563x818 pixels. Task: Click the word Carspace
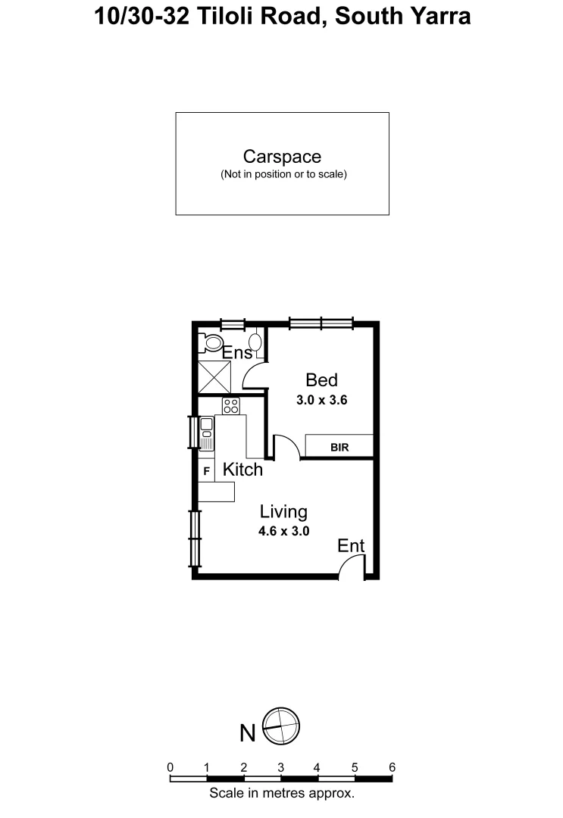pos(282,157)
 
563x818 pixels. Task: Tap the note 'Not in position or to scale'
pos(283,174)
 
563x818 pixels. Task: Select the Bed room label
pos(321,379)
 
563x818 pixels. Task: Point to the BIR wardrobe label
pos(339,448)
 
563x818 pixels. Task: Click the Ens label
pos(236,352)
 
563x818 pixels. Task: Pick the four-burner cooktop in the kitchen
pos(231,406)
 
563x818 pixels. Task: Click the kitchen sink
pos(206,432)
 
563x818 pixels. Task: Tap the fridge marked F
pos(206,471)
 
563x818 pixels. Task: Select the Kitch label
pos(242,470)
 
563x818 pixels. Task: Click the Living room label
pos(283,512)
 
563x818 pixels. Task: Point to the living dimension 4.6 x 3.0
pos(283,532)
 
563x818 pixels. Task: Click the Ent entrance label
pos(351,545)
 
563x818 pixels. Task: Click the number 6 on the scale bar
pos(392,767)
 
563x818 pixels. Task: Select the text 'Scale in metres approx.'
pos(282,794)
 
